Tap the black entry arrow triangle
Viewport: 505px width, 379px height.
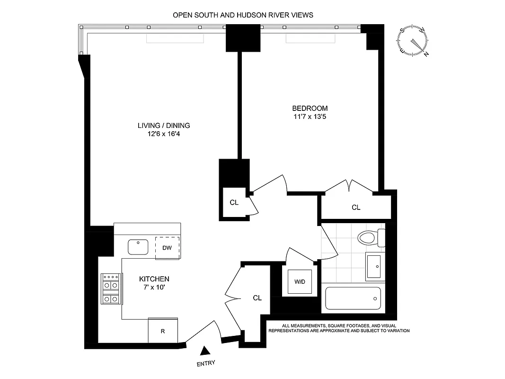coord(205,351)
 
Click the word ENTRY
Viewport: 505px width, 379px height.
coord(205,363)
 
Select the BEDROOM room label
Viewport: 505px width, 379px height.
coord(310,108)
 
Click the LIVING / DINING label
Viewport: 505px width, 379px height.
coord(164,126)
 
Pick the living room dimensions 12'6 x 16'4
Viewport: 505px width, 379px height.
coord(164,134)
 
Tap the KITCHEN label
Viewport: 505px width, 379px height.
coord(154,279)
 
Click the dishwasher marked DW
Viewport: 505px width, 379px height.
coord(167,248)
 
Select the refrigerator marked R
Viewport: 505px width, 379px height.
coord(163,331)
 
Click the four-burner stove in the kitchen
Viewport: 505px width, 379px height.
coord(111,289)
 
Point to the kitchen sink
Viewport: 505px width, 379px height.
coord(138,246)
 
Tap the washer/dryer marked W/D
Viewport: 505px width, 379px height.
coord(300,281)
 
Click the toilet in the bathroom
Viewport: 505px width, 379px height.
coord(372,237)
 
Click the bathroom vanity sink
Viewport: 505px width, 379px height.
coord(375,266)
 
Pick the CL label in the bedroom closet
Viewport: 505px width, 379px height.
coord(356,207)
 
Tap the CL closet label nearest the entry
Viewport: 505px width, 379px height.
coord(257,298)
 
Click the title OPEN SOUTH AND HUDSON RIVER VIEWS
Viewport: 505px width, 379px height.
coord(243,15)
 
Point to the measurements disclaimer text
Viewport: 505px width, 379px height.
coord(339,328)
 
